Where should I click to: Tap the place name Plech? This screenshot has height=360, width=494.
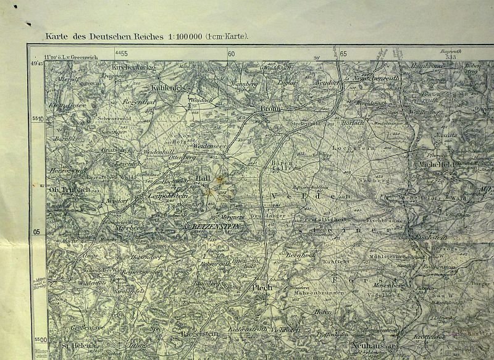pos(261,287)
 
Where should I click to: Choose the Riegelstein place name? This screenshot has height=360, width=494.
pos(199,334)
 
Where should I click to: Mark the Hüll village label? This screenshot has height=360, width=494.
pos(203,176)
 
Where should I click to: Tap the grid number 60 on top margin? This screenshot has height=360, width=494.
pos(232,54)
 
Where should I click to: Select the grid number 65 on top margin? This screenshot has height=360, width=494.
pos(343,54)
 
